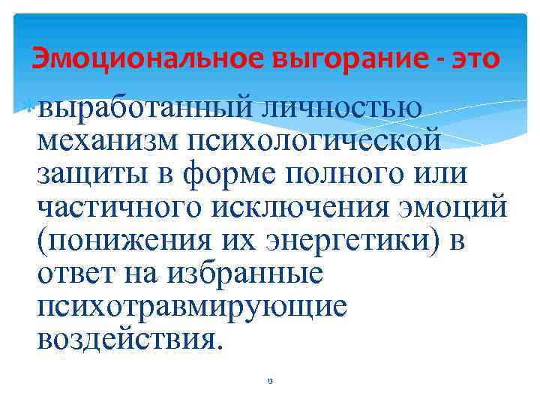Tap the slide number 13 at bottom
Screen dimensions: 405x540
[x=270, y=382]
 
